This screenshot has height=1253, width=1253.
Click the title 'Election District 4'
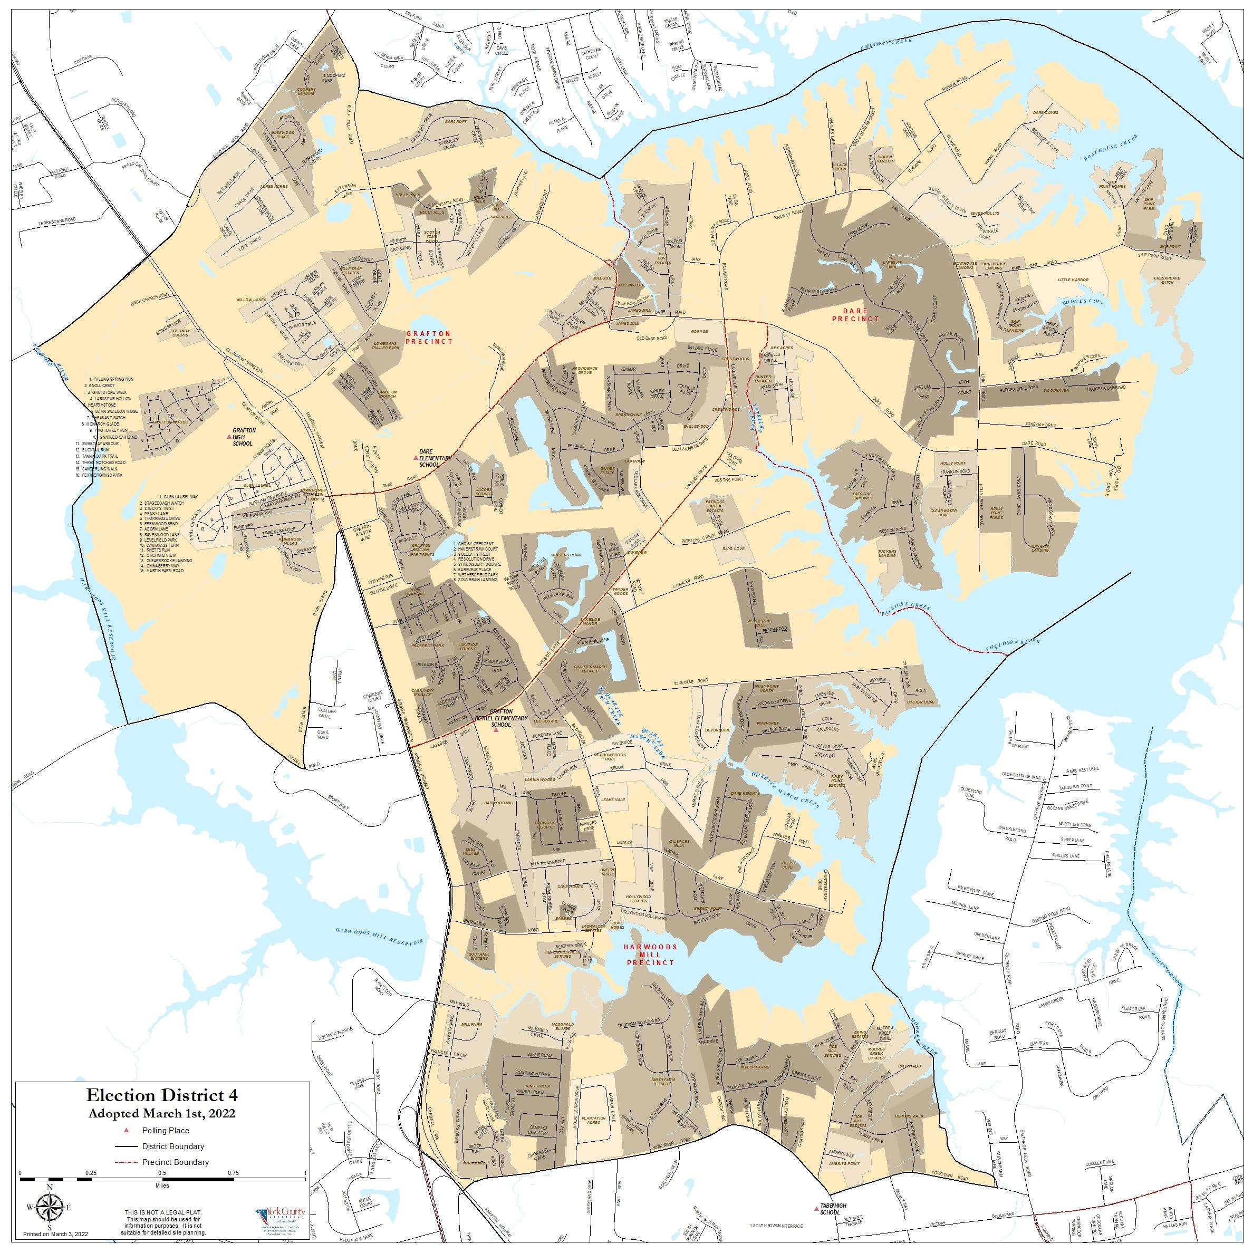(162, 1095)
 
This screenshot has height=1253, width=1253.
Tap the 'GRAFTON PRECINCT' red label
(429, 338)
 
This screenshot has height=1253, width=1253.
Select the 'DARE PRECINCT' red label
(855, 314)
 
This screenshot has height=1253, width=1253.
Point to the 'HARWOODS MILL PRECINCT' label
(651, 955)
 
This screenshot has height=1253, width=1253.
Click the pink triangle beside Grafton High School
(229, 437)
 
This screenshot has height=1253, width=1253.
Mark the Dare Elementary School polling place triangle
(416, 458)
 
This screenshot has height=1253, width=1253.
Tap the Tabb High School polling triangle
(816, 1208)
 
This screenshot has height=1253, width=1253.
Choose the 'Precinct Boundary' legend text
(175, 1162)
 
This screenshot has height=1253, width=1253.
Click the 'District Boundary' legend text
(173, 1146)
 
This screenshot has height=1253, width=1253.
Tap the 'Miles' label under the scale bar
(162, 1185)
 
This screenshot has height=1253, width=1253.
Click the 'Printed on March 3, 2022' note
(56, 1233)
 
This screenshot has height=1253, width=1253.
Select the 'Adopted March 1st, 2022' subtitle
(162, 1114)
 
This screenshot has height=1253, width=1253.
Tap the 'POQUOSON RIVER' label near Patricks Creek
(1013, 644)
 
